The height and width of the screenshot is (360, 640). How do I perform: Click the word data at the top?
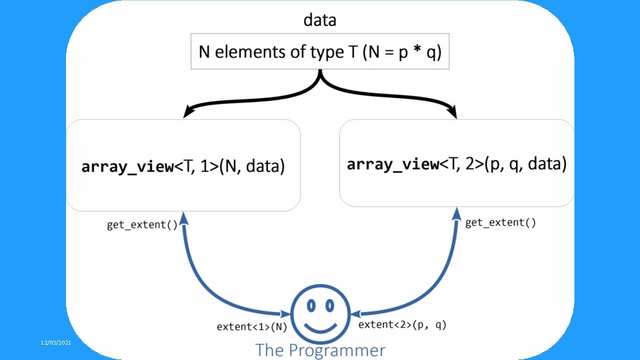pos(320,20)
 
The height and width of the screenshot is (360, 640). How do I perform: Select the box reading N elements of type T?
pos(320,52)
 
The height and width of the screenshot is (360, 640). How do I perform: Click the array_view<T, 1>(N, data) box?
pos(183,165)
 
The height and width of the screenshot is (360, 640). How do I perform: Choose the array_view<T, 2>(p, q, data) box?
pos(457,163)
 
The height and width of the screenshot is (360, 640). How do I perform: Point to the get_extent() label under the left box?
pos(142,225)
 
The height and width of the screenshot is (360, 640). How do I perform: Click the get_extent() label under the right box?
pos(500,222)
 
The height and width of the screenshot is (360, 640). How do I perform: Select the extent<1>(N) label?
pos(252,327)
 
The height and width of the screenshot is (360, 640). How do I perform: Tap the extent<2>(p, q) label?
pos(403,325)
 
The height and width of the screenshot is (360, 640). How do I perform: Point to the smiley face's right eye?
pos(329,305)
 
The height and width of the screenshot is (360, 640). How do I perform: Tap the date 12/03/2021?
pos(55,342)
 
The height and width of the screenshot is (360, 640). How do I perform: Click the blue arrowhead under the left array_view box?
pos(185,219)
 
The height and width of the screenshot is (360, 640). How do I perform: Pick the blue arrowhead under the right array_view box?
pos(458,215)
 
